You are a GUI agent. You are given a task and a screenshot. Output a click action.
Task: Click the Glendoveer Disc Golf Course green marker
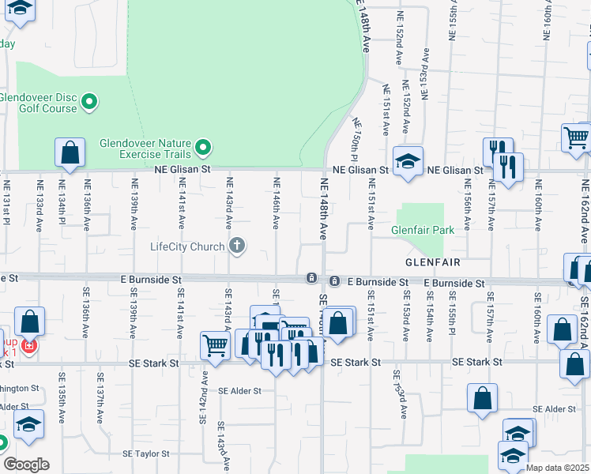89,101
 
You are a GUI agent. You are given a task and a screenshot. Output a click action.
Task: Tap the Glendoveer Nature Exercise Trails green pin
203,147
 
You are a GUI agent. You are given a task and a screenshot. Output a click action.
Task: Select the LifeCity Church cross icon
235,246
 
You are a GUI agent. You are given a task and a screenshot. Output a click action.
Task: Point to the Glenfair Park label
423,231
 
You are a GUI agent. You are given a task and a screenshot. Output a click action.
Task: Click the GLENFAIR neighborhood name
432,261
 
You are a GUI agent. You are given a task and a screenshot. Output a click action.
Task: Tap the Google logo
25,465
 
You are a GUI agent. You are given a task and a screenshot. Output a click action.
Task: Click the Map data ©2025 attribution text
557,468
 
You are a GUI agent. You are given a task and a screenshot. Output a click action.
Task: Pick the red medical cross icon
29,347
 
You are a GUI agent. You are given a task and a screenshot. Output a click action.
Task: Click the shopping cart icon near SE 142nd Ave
215,344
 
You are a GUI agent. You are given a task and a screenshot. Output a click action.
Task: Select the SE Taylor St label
145,454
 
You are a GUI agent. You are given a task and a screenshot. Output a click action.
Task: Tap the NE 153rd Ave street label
425,73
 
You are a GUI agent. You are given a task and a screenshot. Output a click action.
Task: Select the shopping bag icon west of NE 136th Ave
70,152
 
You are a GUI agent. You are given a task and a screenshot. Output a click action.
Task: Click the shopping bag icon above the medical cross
29,321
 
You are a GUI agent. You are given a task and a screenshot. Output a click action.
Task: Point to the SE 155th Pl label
453,316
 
